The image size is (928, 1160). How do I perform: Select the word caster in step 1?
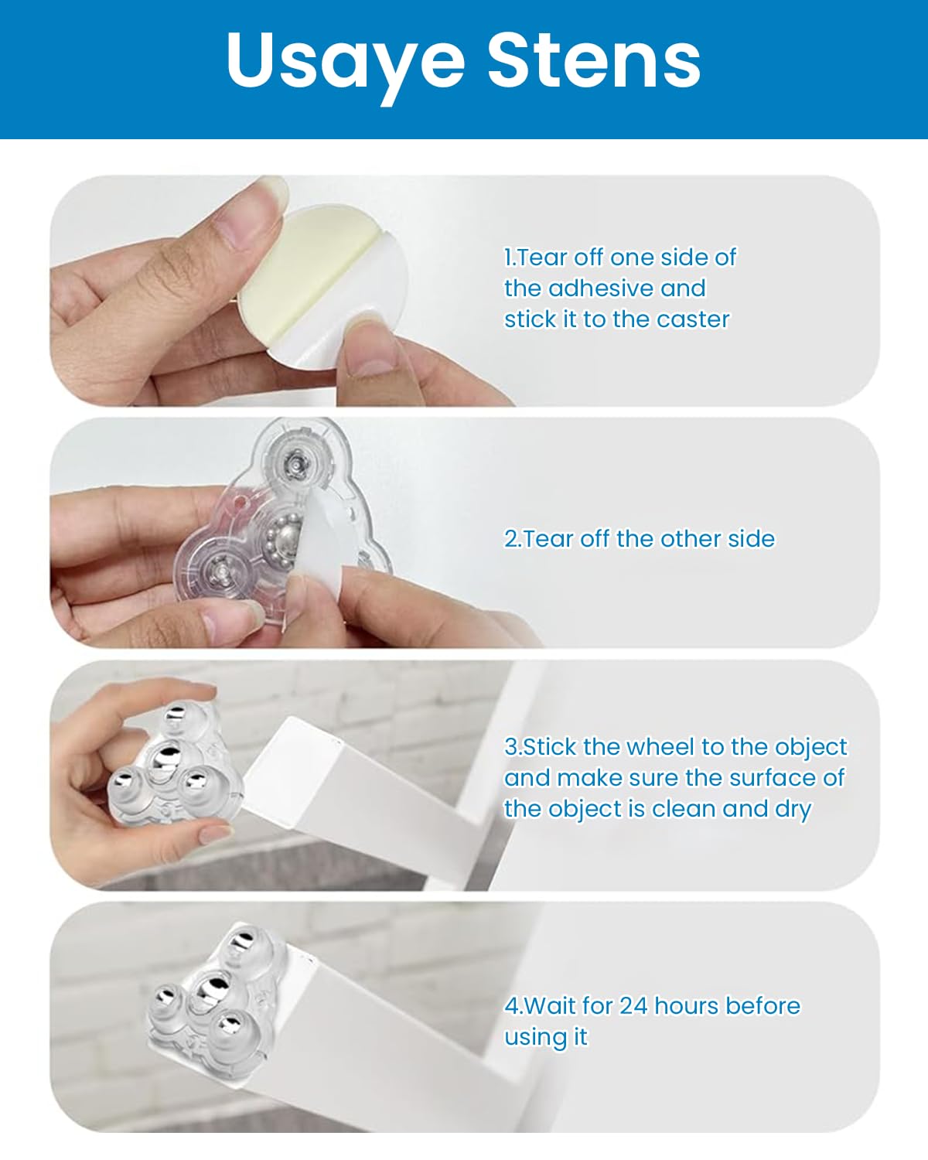tap(693, 319)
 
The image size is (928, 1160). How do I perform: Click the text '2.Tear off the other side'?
tap(639, 539)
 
